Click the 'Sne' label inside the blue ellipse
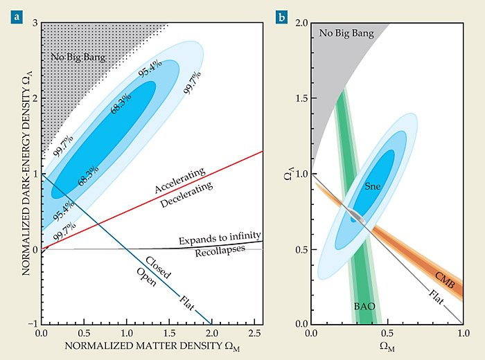375,186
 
